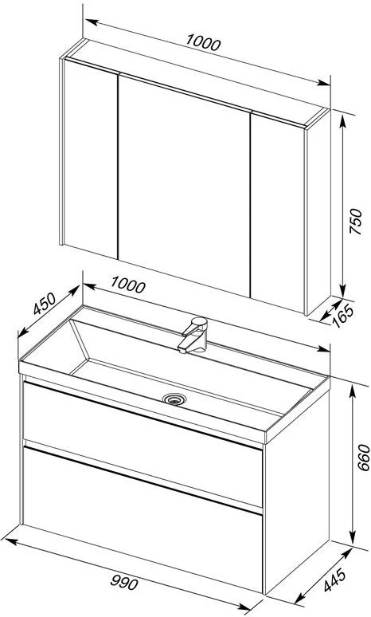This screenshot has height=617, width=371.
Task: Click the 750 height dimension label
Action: point(356,221)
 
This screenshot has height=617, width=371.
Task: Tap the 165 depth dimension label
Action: point(343,316)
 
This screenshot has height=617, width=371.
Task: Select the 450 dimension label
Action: point(44,305)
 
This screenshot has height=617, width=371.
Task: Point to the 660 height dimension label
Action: point(364,458)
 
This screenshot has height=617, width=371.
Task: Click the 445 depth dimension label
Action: point(335,580)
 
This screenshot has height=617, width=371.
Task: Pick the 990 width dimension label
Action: point(124,582)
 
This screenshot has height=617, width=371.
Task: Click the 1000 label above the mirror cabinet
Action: point(203,42)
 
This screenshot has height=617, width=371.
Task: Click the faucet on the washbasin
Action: point(193,335)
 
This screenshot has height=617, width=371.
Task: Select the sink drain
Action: point(174,399)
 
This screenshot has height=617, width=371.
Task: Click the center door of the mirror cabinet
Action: point(184,185)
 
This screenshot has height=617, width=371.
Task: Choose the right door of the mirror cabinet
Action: point(278,214)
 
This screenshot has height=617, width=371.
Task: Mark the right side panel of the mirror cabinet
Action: point(318,213)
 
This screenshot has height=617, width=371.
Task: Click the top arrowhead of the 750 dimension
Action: point(342,122)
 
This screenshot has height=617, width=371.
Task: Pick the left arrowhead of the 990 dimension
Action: point(9,541)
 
